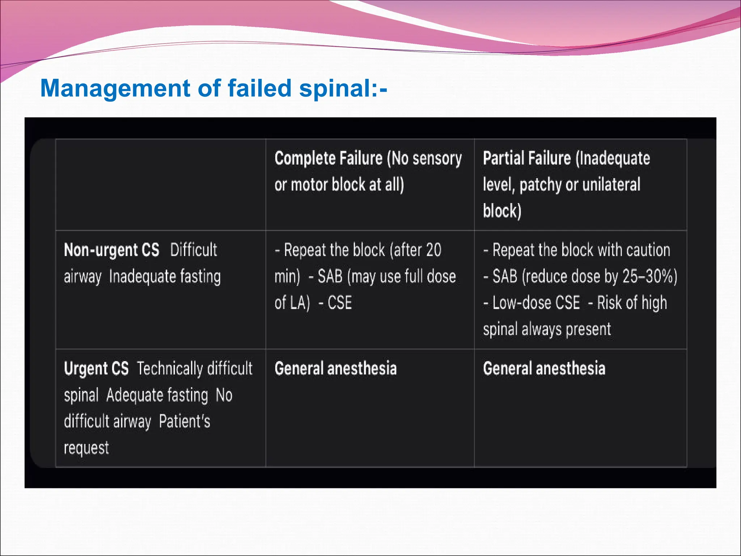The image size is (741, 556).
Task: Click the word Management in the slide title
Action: tap(115, 89)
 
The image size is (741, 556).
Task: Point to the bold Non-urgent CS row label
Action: tap(111, 250)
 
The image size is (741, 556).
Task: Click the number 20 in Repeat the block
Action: tap(433, 250)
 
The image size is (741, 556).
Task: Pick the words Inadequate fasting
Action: tap(165, 277)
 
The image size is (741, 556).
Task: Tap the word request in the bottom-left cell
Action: tap(86, 448)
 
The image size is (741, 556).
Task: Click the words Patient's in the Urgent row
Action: tap(185, 422)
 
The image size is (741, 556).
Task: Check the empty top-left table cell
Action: tap(160, 185)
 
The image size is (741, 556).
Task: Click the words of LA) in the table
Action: tap(292, 303)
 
